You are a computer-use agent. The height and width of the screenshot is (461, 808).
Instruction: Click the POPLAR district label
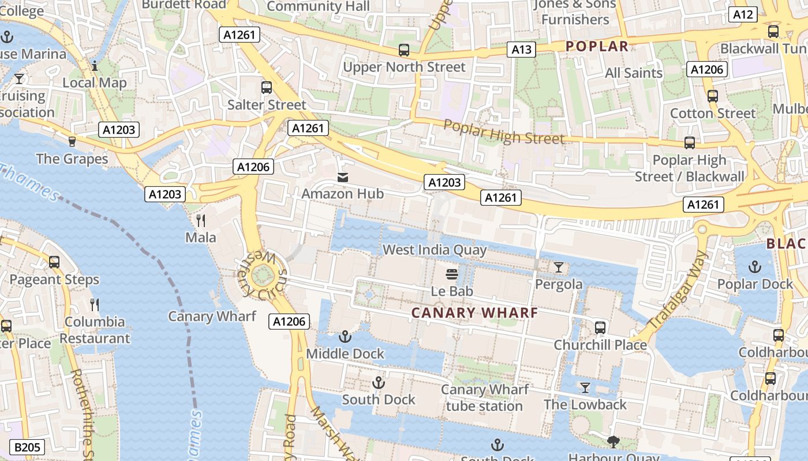[x=597, y=47]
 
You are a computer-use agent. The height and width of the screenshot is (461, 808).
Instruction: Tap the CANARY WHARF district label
[x=474, y=313]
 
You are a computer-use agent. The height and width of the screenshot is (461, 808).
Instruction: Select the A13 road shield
[x=521, y=50]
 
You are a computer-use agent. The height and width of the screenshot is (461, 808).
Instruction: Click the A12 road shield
[x=742, y=14]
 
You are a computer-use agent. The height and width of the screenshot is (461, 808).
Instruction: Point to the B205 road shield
[x=28, y=447]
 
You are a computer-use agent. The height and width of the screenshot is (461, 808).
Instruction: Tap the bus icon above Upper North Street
[x=404, y=50]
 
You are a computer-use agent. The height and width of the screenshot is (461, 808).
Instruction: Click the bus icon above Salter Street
[x=266, y=88]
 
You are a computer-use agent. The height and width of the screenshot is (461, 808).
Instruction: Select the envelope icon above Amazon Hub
[x=343, y=177]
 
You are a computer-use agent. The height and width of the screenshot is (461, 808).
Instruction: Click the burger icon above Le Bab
[x=452, y=274]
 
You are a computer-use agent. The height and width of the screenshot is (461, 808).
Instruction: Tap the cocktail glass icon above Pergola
[x=558, y=267]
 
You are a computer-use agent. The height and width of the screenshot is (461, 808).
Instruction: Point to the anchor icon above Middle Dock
[x=345, y=336]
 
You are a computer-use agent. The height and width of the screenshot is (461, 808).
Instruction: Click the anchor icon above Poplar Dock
[x=754, y=267]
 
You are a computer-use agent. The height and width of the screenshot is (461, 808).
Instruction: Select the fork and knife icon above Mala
[x=201, y=220]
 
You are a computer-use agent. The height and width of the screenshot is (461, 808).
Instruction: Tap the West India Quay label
[x=435, y=250]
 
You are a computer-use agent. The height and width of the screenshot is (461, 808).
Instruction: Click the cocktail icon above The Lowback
[x=585, y=388]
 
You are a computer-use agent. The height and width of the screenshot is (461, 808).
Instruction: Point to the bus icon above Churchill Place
[x=600, y=328]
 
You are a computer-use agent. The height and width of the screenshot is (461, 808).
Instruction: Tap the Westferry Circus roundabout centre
[x=263, y=275]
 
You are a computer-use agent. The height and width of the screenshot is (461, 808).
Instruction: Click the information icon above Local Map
[x=95, y=66]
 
